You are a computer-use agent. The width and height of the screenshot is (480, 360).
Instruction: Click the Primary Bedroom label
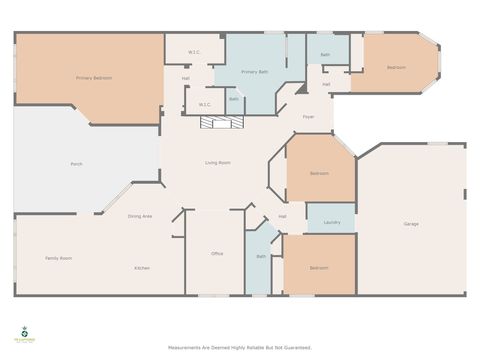(94, 78)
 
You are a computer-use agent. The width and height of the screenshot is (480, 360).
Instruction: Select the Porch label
(76, 163)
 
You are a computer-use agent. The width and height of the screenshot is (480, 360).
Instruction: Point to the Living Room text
(219, 162)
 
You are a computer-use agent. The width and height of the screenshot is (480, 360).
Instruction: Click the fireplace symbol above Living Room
(221, 122)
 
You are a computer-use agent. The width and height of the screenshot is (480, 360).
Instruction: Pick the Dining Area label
(140, 216)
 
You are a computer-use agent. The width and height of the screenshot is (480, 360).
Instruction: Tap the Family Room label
(58, 258)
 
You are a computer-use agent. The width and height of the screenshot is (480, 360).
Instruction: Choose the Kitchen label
(142, 268)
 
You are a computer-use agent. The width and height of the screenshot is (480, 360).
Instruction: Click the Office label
(217, 254)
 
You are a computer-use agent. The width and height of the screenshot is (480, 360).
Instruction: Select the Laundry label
(332, 222)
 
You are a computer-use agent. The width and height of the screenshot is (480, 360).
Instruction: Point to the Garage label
(411, 223)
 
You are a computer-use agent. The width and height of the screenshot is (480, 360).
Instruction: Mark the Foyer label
(310, 117)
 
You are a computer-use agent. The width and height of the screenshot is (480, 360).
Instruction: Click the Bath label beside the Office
(261, 256)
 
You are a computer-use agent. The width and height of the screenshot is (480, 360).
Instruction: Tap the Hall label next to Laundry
(283, 216)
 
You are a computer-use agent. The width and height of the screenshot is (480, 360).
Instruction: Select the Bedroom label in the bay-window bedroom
(397, 67)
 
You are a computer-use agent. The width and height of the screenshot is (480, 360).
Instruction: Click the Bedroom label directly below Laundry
(319, 268)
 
